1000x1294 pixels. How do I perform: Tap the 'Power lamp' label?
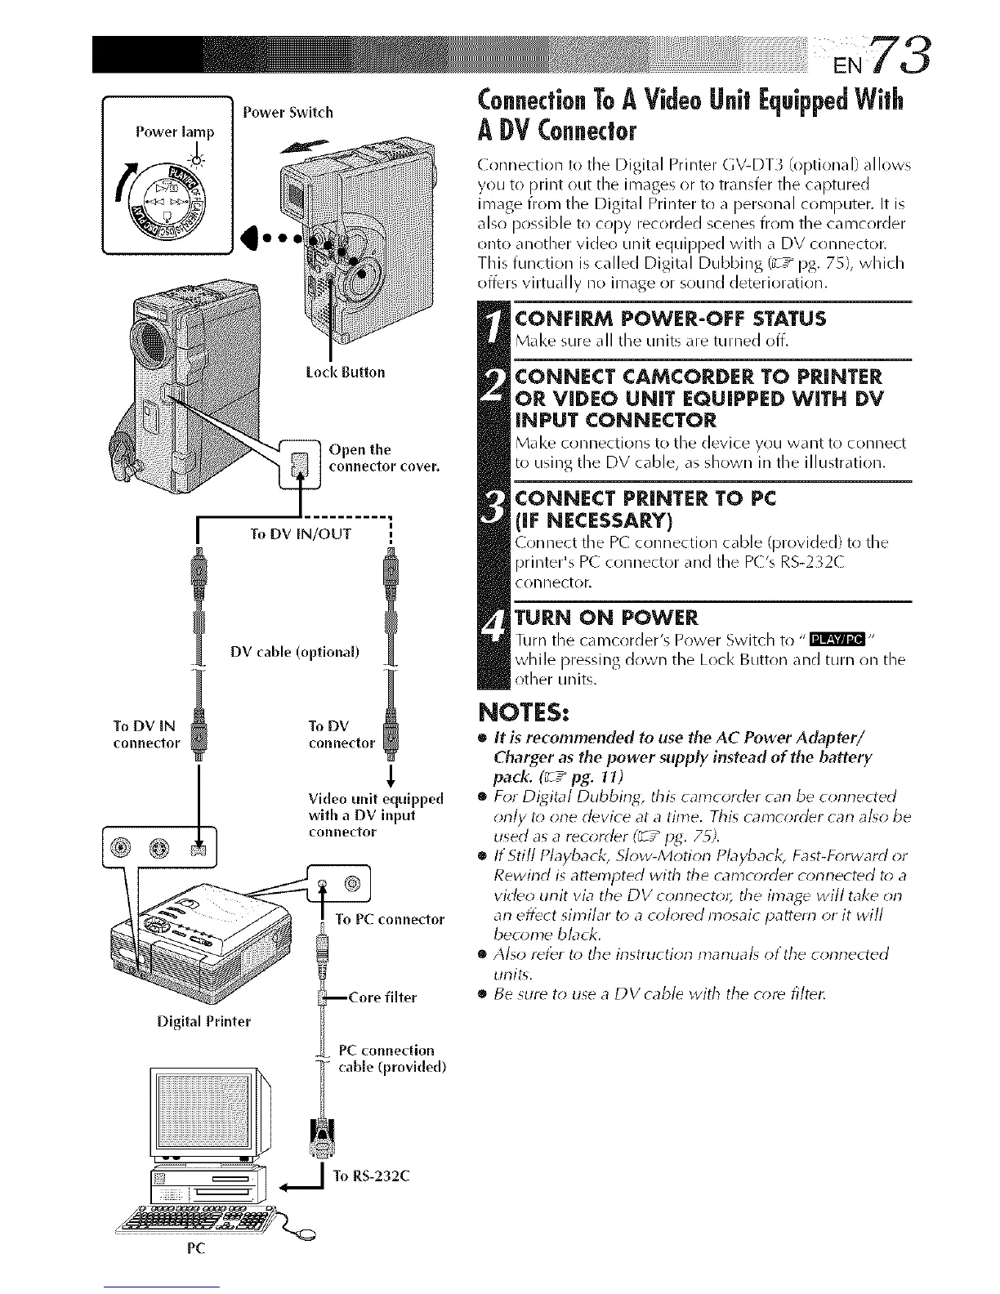pos(175,132)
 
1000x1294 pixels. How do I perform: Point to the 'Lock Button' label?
pos(344,373)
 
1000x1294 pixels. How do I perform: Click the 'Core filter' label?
pos(382,997)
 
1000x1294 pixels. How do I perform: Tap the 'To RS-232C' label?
pos(372,1176)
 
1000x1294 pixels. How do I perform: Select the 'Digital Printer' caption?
pos(206,1021)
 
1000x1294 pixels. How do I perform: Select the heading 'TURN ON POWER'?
pos(606,616)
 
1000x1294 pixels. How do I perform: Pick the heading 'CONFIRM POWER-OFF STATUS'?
pos(672,319)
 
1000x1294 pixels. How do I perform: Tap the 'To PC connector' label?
pos(390,919)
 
